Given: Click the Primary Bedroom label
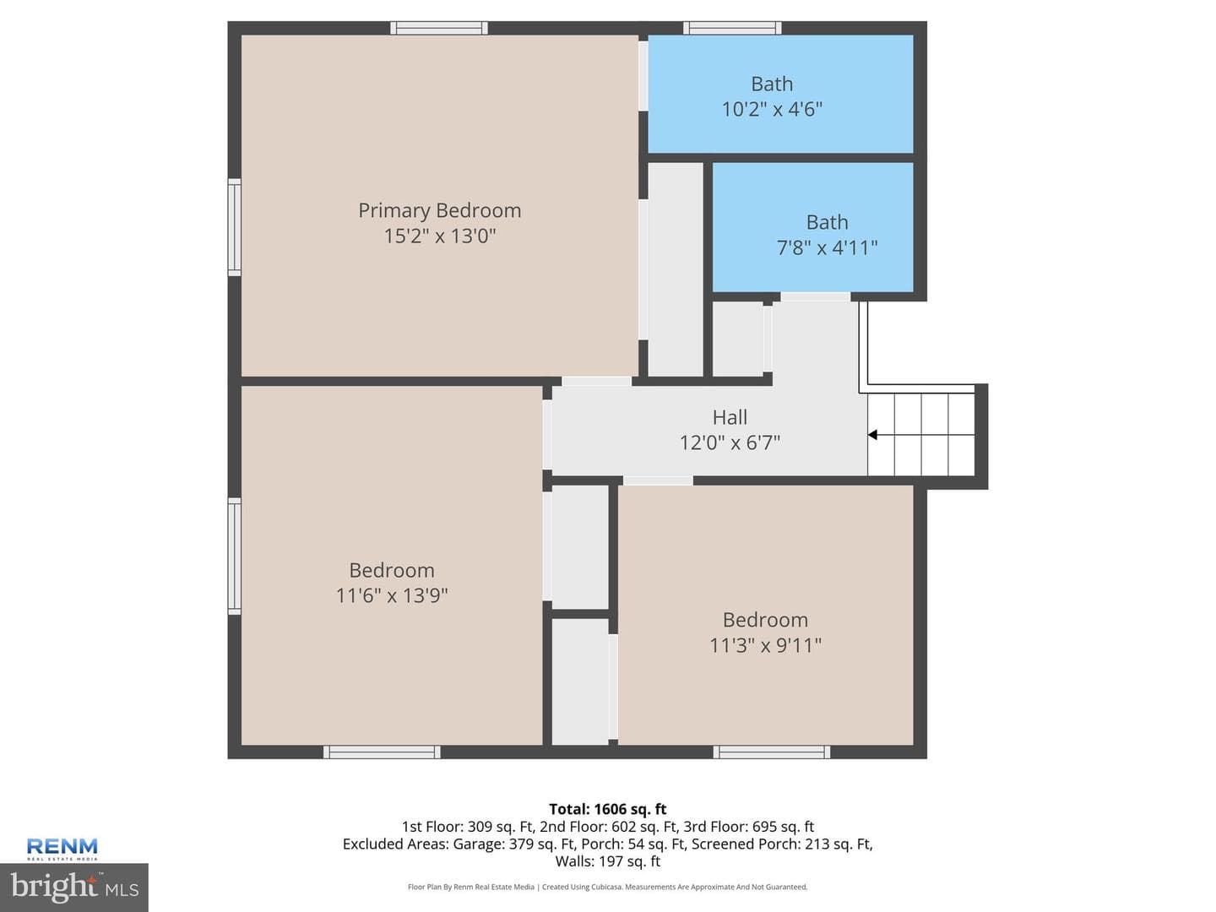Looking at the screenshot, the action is point(439,210).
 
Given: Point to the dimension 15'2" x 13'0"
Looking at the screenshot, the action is point(439,236).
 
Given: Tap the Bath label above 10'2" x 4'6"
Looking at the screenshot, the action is point(772,84).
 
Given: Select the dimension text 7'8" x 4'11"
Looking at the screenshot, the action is point(827,247).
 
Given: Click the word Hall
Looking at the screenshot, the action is point(730,417).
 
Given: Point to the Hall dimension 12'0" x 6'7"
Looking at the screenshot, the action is point(730,442).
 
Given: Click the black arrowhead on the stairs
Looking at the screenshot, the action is point(872,435).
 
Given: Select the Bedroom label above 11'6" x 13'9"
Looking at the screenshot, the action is point(392,570).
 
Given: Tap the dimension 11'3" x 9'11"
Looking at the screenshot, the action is point(765,645).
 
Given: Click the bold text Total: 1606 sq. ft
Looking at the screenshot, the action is point(608,809).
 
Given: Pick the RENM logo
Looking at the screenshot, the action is point(62,849).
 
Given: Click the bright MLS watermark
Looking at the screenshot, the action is point(73,887).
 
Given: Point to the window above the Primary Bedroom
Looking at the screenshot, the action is point(439,28).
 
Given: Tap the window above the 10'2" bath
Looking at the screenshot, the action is point(732,28).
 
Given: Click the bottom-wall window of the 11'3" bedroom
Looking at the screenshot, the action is point(771,752).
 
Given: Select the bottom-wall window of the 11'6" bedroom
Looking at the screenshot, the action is point(382,752).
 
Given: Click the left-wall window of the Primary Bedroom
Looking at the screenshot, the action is point(235,227).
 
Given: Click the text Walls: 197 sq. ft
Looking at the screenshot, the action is point(608,861).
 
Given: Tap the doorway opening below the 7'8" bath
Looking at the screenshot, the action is point(815,296).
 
